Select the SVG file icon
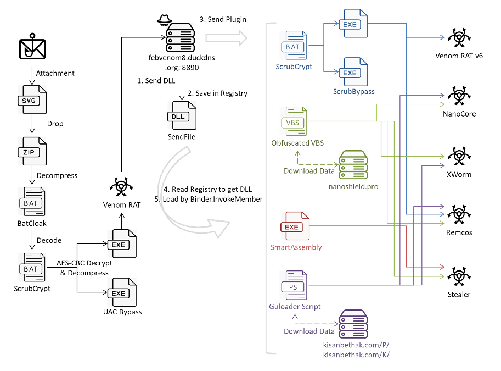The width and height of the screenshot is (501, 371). point(31,101)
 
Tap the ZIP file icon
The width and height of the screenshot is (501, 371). point(31,151)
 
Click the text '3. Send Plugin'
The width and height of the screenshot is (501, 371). point(223,19)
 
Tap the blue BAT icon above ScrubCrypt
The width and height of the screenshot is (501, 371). point(293,47)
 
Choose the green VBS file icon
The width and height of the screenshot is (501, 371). point(293,122)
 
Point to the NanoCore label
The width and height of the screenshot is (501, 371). point(459,114)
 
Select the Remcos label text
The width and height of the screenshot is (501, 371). point(459,232)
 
